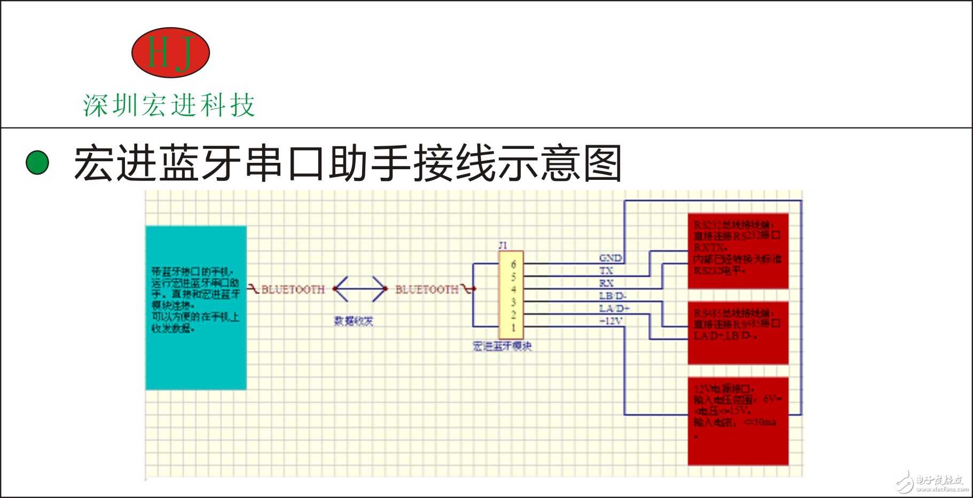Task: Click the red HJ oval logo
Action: [170, 52]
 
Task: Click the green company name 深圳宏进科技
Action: [169, 105]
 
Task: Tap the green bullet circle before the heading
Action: [37, 163]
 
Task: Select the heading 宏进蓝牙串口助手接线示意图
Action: [348, 163]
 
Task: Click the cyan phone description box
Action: [196, 307]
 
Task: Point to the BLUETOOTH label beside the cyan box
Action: [293, 289]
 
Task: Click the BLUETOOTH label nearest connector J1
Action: [427, 289]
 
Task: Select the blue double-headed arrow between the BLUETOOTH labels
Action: [360, 289]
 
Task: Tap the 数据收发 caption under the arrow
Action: [354, 321]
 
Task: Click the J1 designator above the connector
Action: [503, 246]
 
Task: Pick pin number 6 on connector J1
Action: [513, 264]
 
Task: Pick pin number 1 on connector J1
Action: [513, 327]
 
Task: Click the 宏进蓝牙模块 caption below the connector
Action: [503, 346]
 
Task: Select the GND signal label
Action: [610, 258]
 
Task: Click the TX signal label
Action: [606, 271]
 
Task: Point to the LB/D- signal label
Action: [613, 296]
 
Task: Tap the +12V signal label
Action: [611, 321]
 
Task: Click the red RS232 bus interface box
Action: [738, 251]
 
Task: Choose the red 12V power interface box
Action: [738, 421]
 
